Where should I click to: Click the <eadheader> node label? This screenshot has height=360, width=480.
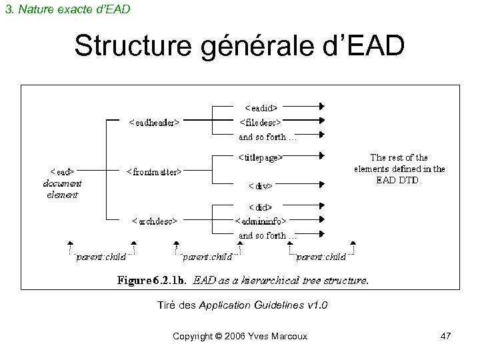tap(157, 122)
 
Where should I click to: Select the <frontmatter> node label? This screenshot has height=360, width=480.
tap(155, 171)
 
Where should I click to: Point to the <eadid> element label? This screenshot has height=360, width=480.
tap(261, 106)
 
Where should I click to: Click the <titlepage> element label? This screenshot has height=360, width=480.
tap(261, 158)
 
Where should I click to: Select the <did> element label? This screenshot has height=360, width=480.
tap(261, 207)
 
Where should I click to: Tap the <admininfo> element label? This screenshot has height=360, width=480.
tap(261, 221)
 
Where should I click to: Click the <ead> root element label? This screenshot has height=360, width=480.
tap(63, 171)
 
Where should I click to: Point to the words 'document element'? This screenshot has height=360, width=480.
tap(62, 189)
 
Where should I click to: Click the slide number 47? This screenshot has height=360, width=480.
tap(445, 337)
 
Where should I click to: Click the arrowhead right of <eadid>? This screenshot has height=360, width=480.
tap(321, 106)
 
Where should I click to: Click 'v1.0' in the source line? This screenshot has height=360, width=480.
tap(315, 305)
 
